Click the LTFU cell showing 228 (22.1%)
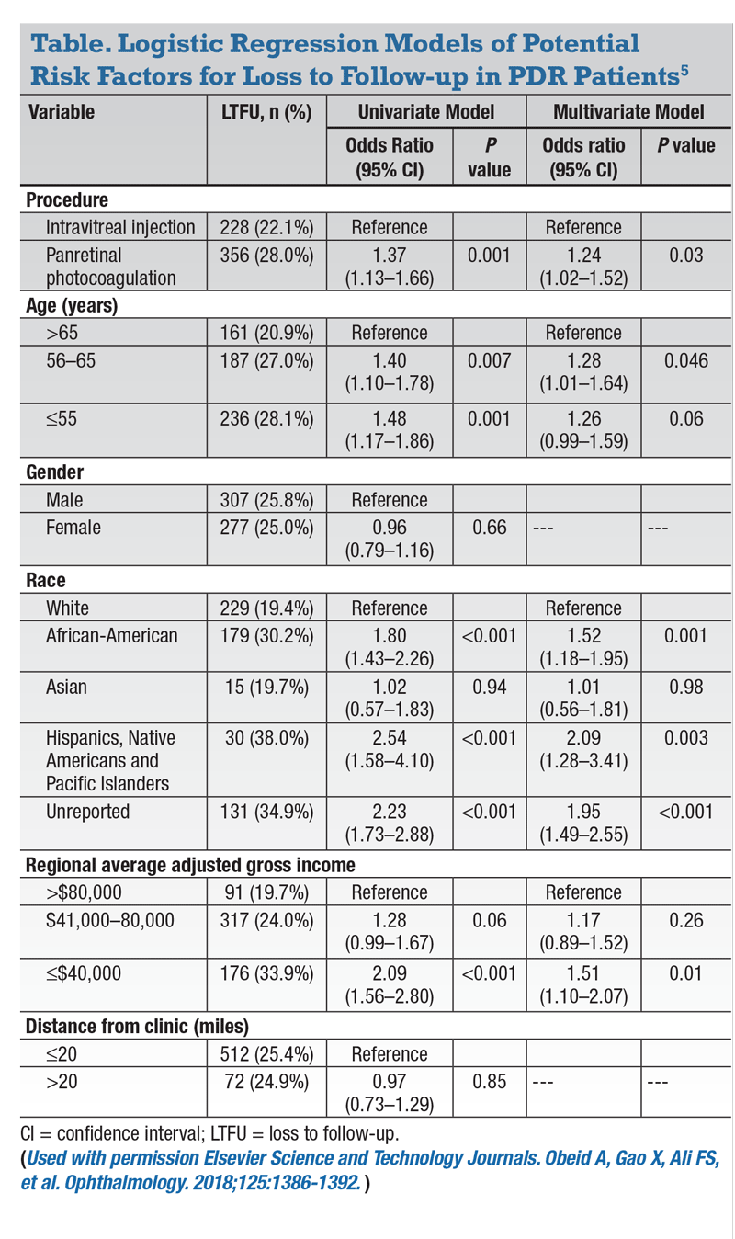tap(266, 227)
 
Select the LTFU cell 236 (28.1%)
tap(266, 419)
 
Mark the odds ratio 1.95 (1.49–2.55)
tap(582, 820)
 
